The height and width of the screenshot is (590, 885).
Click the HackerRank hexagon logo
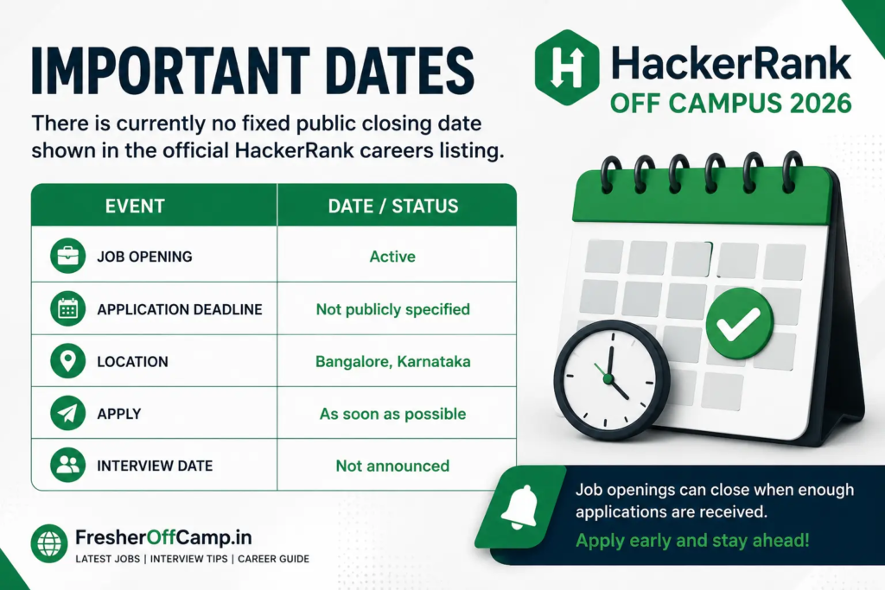pyautogui.click(x=567, y=67)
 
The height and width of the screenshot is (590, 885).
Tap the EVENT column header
pyautogui.click(x=135, y=206)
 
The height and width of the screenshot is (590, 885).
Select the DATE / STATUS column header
pyautogui.click(x=393, y=206)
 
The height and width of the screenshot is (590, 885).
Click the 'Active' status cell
pyautogui.click(x=392, y=257)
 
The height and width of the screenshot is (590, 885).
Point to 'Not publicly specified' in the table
pyautogui.click(x=393, y=309)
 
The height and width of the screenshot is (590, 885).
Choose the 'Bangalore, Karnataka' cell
pyautogui.click(x=393, y=362)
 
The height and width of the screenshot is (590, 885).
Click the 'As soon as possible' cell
pyautogui.click(x=393, y=414)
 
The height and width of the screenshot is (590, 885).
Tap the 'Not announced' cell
pyautogui.click(x=393, y=466)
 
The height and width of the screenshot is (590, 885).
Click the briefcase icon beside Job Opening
pyautogui.click(x=67, y=256)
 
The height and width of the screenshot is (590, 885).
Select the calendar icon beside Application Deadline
pyautogui.click(x=67, y=308)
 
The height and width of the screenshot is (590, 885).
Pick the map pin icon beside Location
pyautogui.click(x=67, y=361)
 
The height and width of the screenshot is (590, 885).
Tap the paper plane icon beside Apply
pyautogui.click(x=67, y=414)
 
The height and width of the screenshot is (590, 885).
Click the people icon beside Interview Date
pyautogui.click(x=67, y=466)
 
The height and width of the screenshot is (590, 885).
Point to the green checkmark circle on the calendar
pyautogui.click(x=740, y=323)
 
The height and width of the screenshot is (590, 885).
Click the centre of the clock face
pyautogui.click(x=608, y=377)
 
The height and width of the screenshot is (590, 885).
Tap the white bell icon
pyautogui.click(x=519, y=507)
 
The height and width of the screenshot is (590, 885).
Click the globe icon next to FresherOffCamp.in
pyautogui.click(x=49, y=543)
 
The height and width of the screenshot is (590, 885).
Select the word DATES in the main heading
pyautogui.click(x=400, y=72)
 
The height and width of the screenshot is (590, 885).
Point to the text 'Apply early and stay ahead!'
pyautogui.click(x=692, y=541)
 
